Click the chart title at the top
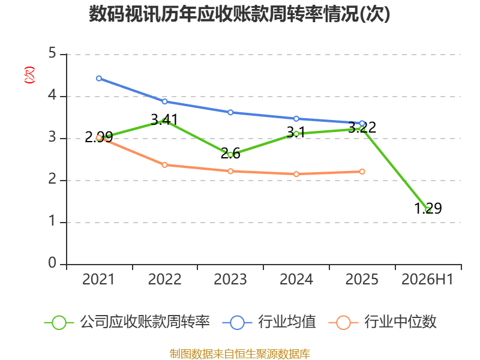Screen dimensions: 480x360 [239, 14]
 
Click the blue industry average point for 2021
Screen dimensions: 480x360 [99, 79]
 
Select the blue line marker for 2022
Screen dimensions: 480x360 [164, 101]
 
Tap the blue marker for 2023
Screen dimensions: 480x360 [230, 112]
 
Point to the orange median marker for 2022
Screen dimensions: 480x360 [164, 165]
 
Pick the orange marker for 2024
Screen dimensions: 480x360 [296, 174]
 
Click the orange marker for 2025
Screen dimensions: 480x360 [362, 172]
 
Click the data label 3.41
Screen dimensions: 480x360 [164, 119]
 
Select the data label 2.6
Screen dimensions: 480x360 [230, 154]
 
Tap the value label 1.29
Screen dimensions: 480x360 [428, 208]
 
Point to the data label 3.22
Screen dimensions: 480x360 [362, 127]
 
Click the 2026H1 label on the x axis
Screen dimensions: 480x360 [427, 279]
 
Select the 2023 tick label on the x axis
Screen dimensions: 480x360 [230, 279]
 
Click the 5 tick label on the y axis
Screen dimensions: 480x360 [52, 53]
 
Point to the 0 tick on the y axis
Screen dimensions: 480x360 [52, 263]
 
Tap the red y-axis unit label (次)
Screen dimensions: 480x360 [29, 75]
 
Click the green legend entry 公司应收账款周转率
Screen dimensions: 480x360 [127, 322]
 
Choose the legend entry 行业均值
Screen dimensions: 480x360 [269, 322]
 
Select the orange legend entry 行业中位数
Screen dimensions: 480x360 [382, 322]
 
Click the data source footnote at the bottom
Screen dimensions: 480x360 [240, 354]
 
